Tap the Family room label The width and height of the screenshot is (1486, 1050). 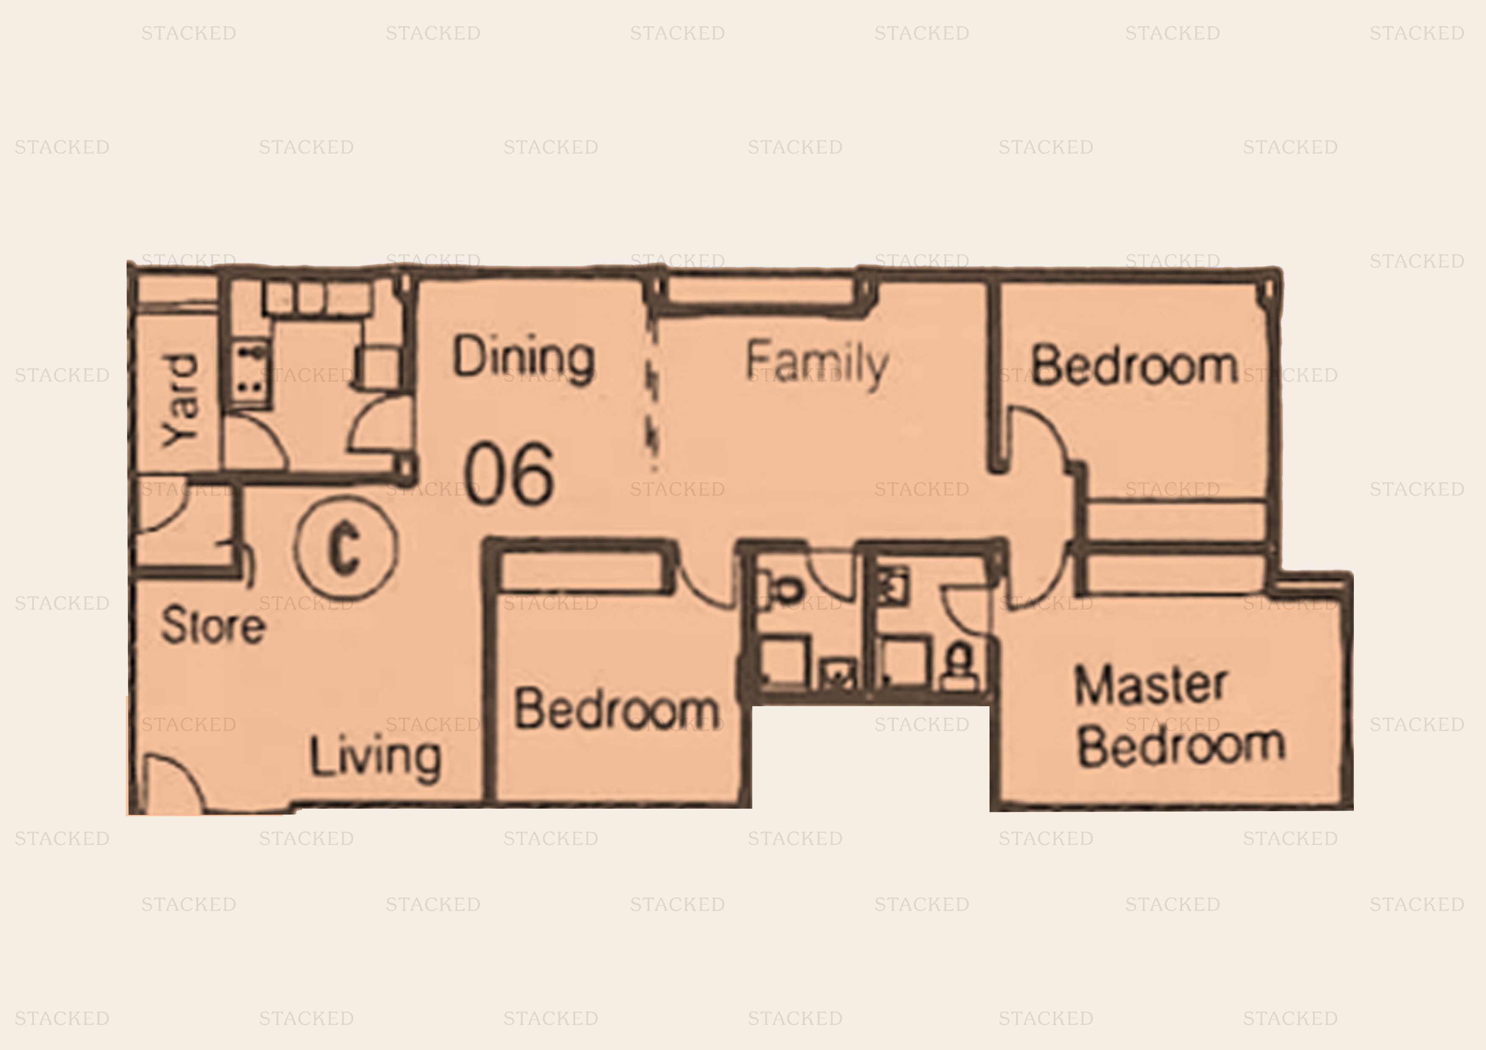(x=817, y=364)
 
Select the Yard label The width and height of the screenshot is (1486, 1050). (x=180, y=401)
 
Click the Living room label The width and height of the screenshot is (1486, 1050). (x=375, y=757)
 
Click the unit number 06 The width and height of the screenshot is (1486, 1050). (x=509, y=474)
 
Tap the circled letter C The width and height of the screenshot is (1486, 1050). (x=346, y=548)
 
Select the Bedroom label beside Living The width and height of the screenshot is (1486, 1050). (x=616, y=709)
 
